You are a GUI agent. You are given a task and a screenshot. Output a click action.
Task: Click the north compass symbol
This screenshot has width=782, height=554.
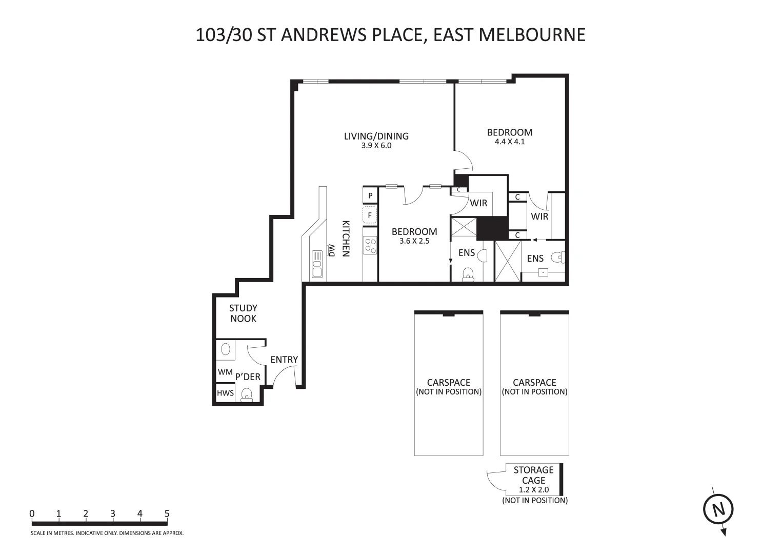click(717, 510)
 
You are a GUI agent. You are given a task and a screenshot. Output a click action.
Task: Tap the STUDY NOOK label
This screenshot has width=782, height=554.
click(243, 313)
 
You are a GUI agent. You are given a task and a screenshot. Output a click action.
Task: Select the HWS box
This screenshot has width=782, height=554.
click(225, 393)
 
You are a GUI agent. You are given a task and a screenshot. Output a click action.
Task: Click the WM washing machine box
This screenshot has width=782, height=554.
click(225, 372)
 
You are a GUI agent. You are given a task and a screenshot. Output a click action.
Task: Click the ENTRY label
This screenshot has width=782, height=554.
click(284, 360)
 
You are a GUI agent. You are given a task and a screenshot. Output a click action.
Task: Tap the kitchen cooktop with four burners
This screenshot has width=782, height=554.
click(370, 246)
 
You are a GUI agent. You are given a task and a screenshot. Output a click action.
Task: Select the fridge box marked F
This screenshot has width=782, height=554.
click(370, 215)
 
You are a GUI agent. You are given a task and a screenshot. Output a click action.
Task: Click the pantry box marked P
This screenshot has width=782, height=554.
click(370, 195)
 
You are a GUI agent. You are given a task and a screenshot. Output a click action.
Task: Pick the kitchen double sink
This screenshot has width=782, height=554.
click(317, 264)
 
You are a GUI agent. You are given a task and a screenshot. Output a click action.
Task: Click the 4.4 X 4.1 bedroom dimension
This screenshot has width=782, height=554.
click(510, 142)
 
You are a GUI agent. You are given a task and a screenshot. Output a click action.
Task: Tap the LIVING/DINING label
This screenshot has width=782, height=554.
click(376, 136)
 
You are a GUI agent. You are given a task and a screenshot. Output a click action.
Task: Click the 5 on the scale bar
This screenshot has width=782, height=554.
click(167, 513)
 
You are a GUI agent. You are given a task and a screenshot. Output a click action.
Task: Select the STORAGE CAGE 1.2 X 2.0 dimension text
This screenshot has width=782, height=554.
click(533, 490)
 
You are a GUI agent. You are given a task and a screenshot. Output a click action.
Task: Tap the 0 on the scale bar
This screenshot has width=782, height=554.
click(32, 513)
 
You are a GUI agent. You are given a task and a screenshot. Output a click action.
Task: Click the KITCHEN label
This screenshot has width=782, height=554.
click(346, 239)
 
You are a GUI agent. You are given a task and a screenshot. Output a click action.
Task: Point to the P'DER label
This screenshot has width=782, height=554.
click(248, 377)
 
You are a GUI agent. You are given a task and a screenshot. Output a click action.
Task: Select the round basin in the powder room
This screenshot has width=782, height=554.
click(225, 349)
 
